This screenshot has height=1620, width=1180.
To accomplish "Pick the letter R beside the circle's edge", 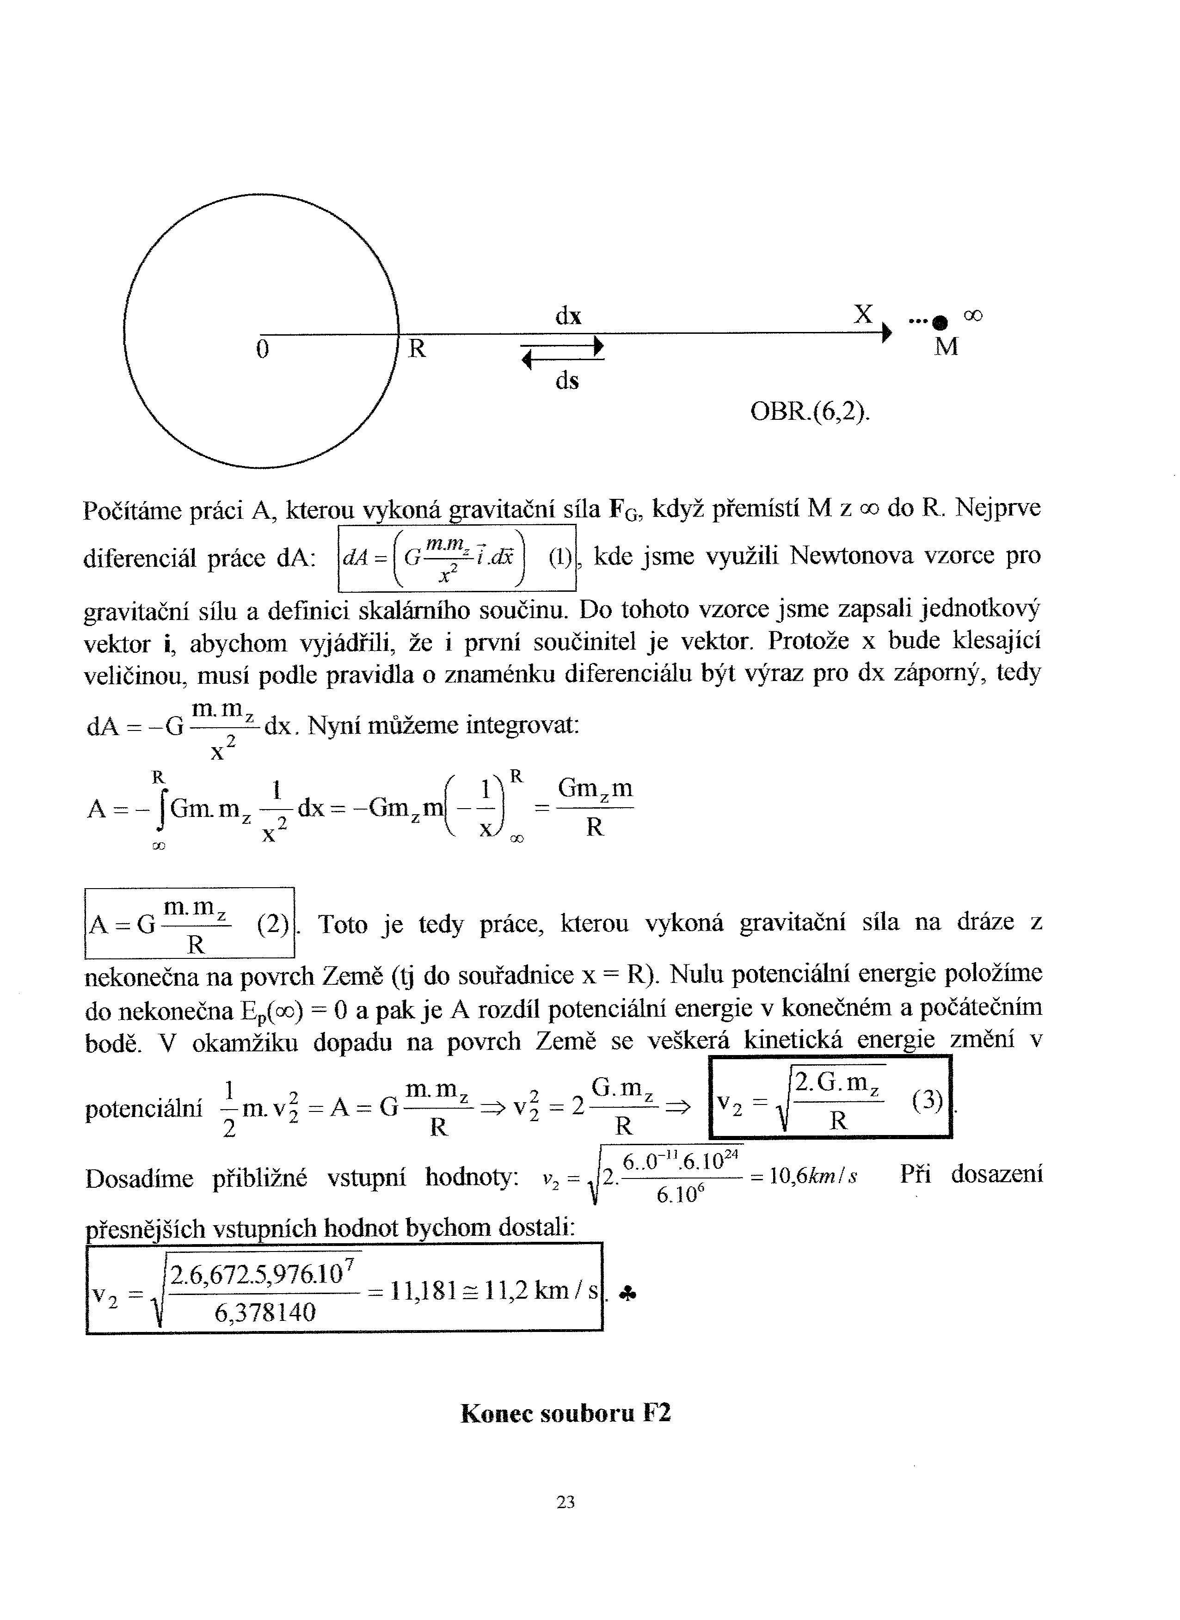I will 417,349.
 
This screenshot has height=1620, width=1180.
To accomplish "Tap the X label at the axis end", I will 864,313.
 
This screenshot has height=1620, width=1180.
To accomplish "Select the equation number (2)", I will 272,925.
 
